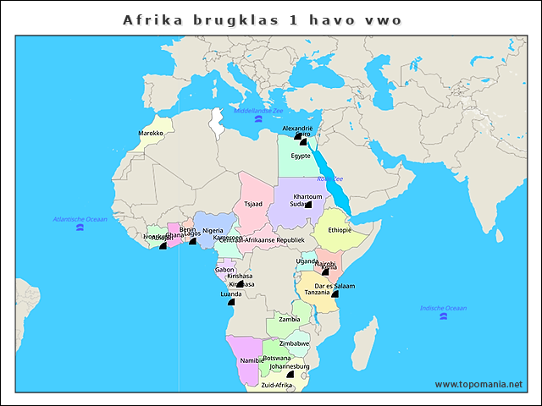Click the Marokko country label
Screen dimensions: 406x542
tap(151, 134)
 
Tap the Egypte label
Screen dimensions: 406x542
tap(301, 156)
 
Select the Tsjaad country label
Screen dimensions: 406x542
tap(253, 204)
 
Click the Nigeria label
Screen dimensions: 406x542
tap(213, 230)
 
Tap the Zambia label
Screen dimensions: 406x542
tap(289, 319)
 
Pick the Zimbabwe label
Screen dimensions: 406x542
tap(294, 344)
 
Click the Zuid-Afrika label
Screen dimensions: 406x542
tap(276, 385)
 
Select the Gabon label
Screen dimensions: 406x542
tap(224, 269)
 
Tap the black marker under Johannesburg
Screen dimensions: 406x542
tap(290, 374)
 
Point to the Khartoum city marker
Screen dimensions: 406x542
tap(308, 204)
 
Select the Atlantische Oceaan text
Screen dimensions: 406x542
tap(80, 219)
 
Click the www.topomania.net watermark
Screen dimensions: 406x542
tap(478, 384)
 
